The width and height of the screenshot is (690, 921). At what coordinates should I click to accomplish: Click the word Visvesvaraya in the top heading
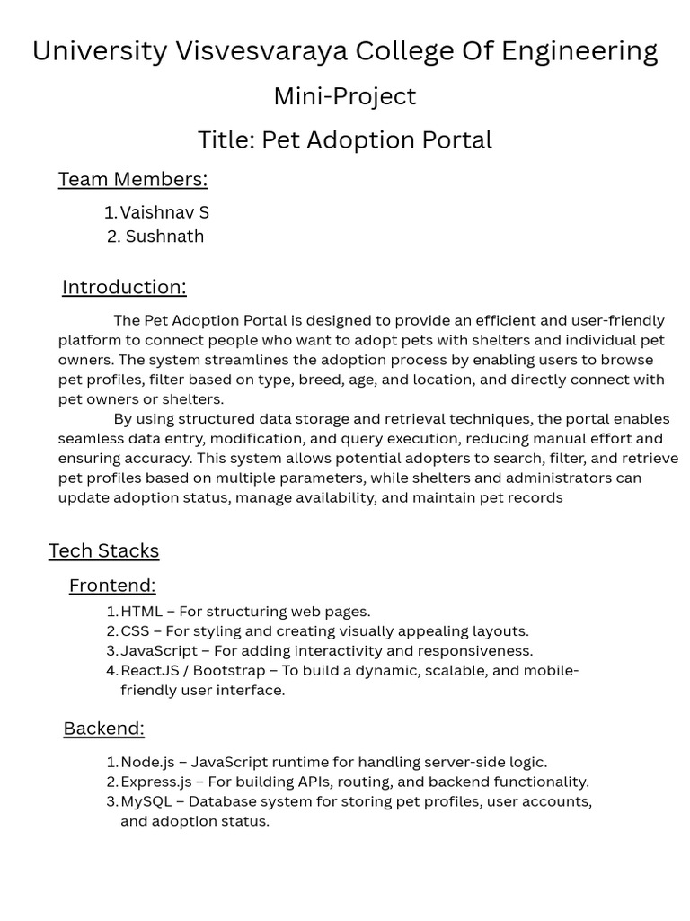261,51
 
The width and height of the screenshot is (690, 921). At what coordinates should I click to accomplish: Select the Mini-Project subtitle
345,95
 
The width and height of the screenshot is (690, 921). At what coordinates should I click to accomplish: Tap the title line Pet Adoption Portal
345,140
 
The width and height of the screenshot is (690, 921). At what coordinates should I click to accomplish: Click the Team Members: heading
133,179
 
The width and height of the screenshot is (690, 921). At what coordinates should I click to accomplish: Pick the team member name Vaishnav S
164,213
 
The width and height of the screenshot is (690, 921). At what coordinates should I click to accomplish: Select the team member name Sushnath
164,237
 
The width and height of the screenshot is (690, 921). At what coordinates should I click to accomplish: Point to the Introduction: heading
124,287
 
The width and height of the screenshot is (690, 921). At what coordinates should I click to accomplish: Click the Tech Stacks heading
103,550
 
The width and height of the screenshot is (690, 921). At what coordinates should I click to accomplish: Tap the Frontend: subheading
112,586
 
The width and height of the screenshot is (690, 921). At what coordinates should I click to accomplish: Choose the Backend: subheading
103,729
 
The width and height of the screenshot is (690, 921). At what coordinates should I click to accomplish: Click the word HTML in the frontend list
141,612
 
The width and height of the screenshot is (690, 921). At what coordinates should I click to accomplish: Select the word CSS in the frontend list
136,631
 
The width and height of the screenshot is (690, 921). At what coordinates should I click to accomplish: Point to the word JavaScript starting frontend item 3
159,651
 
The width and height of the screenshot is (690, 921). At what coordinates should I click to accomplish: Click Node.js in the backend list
146,763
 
